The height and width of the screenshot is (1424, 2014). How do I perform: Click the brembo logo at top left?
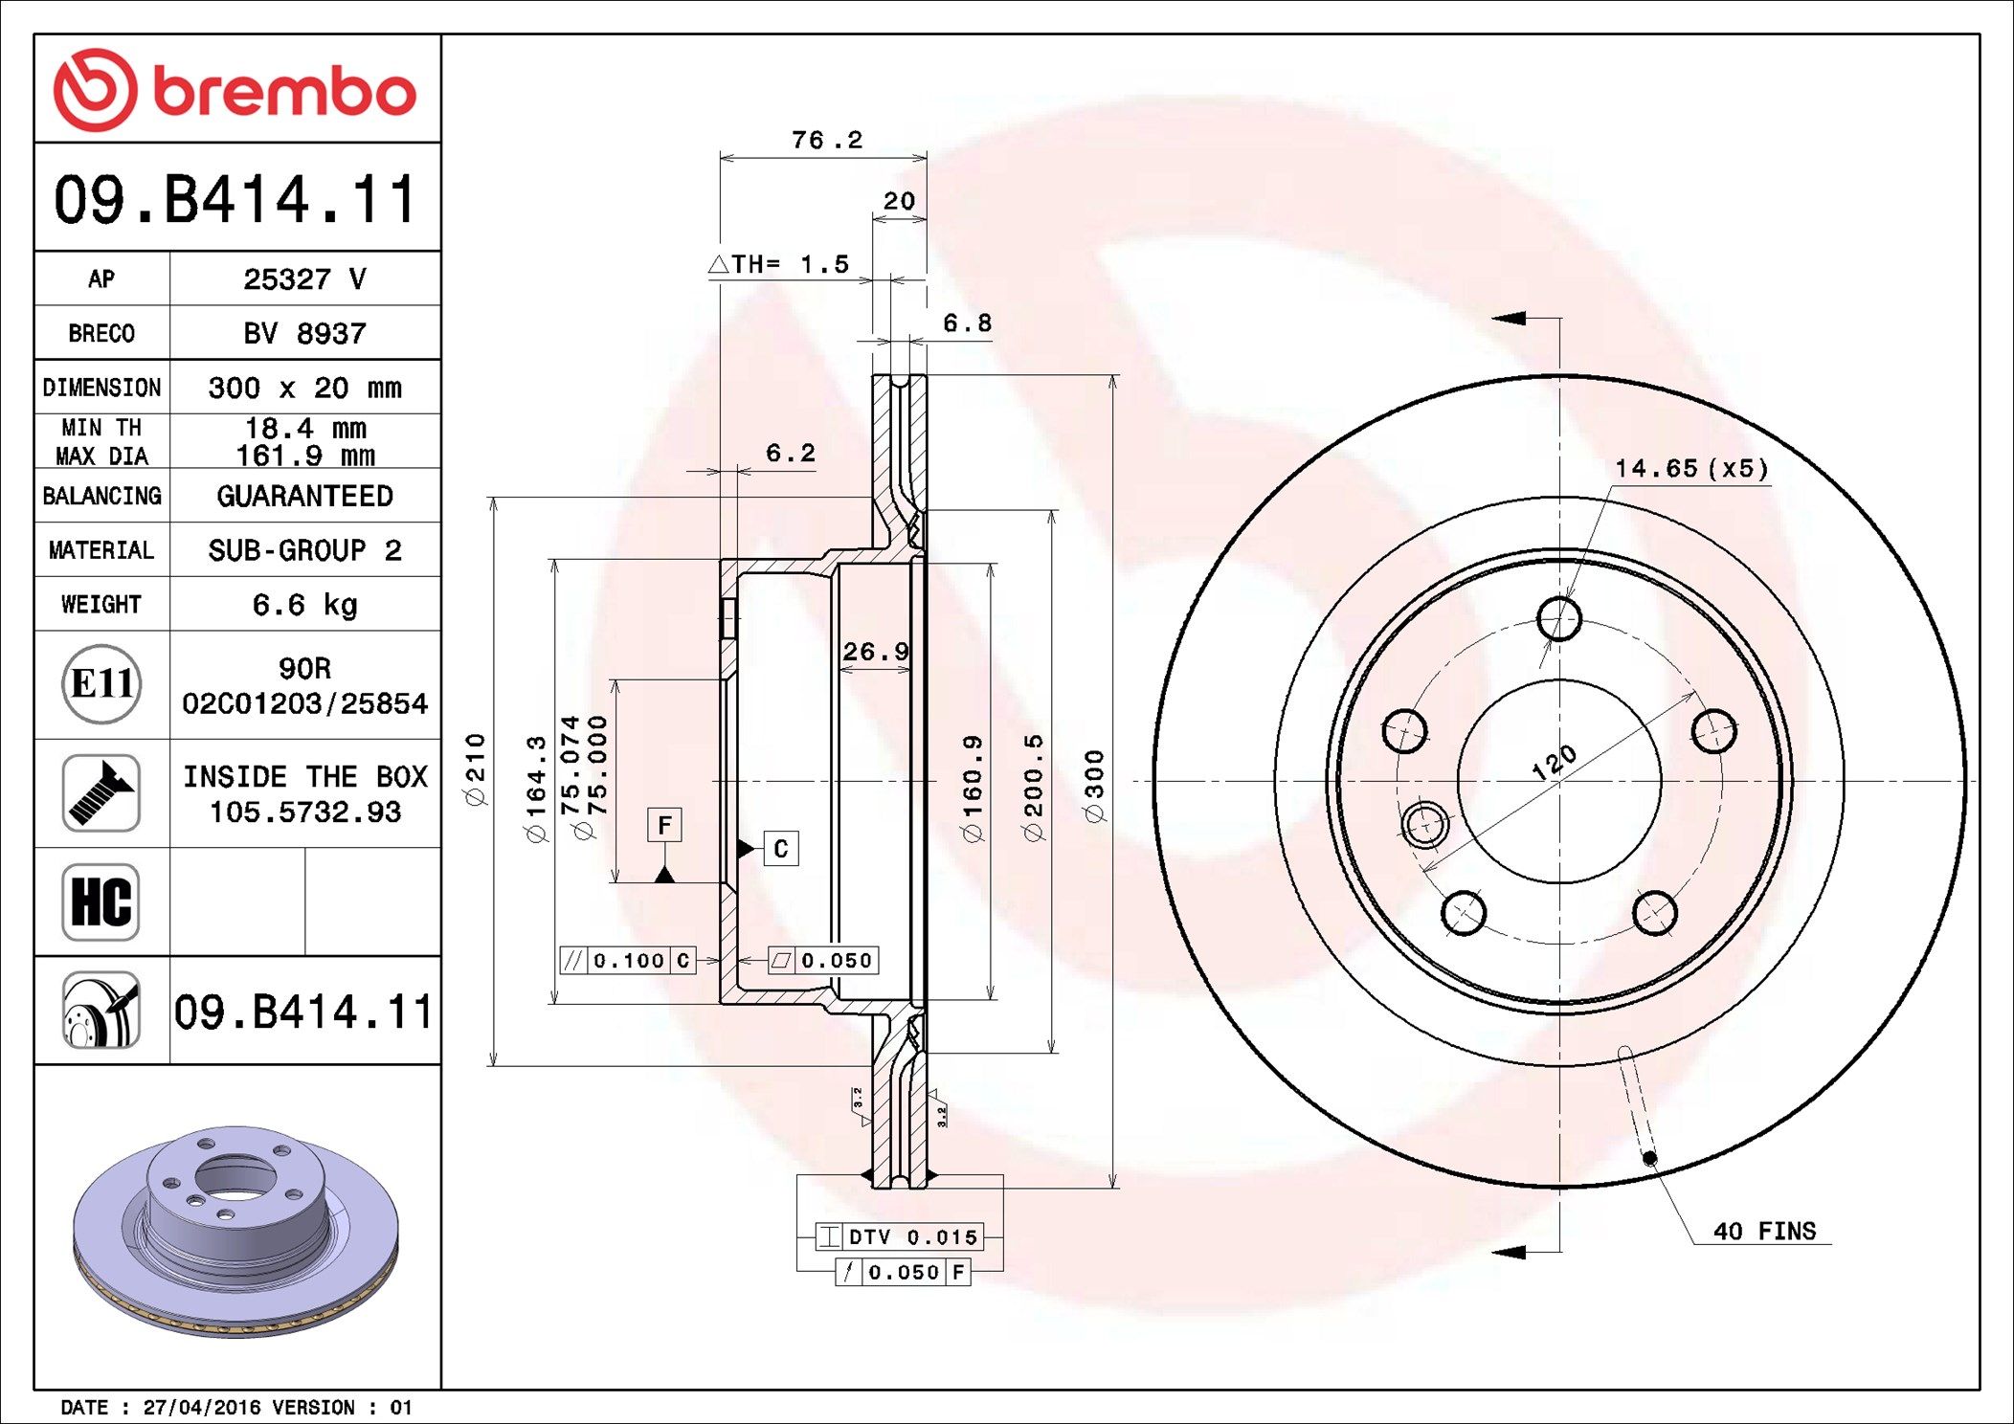click(x=235, y=90)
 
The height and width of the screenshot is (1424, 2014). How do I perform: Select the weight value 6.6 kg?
click(x=304, y=605)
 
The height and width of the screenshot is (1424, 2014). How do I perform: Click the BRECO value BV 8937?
click(x=304, y=333)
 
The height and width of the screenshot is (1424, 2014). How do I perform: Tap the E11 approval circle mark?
click(x=101, y=683)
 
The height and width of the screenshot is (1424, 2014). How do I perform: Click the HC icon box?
click(x=101, y=901)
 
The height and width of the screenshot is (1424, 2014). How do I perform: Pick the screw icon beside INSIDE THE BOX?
click(x=101, y=792)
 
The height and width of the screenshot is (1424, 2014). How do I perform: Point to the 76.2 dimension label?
click(x=827, y=141)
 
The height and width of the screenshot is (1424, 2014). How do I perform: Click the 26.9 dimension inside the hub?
click(x=875, y=652)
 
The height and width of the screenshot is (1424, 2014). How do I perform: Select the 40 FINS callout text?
click(x=1764, y=1231)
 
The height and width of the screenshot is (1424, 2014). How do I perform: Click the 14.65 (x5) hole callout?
click(x=1691, y=468)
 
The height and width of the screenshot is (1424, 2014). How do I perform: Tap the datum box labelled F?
click(x=664, y=825)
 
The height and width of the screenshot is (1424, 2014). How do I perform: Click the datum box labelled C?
click(x=781, y=849)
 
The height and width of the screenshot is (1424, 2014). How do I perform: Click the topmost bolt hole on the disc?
click(x=1558, y=618)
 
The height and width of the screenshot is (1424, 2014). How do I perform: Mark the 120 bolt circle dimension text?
click(x=1553, y=763)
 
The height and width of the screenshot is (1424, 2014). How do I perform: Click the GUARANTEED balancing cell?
click(x=304, y=496)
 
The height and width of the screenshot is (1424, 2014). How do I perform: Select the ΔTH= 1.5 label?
click(x=779, y=264)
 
